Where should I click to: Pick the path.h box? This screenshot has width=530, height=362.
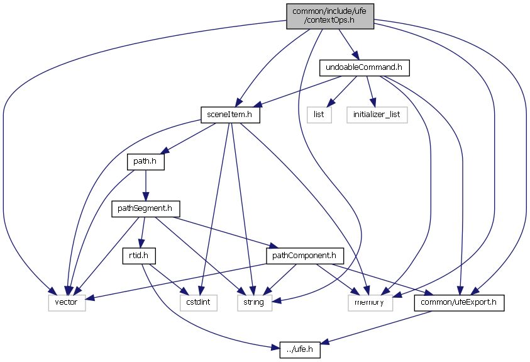pyautogui.click(x=145, y=162)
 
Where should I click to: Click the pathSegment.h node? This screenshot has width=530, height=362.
pyautogui.click(x=146, y=208)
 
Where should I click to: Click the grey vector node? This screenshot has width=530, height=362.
pyautogui.click(x=67, y=303)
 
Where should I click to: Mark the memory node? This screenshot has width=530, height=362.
pyautogui.click(x=370, y=303)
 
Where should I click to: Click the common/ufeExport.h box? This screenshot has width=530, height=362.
pyautogui.click(x=459, y=303)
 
